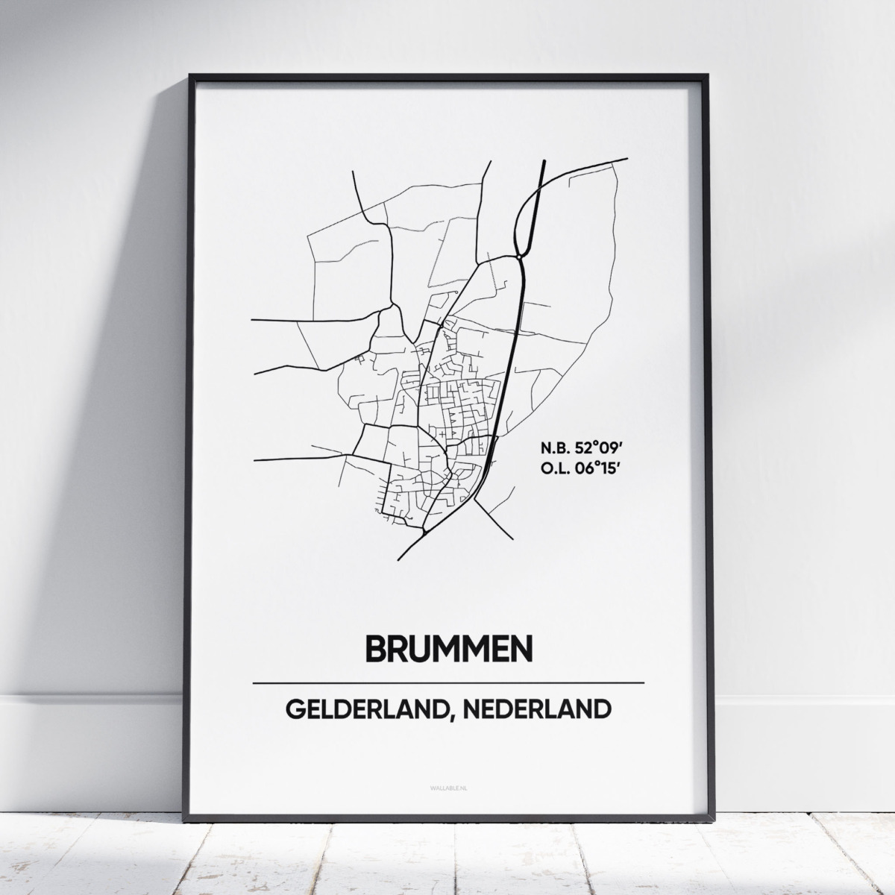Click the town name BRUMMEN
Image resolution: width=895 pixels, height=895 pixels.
[x=448, y=648]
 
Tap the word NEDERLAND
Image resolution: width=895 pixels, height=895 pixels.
[x=536, y=709]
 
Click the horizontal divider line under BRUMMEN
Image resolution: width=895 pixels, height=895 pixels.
[x=448, y=682]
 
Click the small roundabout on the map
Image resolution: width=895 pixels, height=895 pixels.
[x=518, y=257]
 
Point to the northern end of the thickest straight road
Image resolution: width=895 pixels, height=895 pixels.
[x=544, y=160]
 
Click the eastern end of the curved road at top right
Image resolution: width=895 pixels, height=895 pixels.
[x=626, y=159]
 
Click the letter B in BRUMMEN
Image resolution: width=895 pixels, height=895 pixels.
[x=375, y=648]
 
